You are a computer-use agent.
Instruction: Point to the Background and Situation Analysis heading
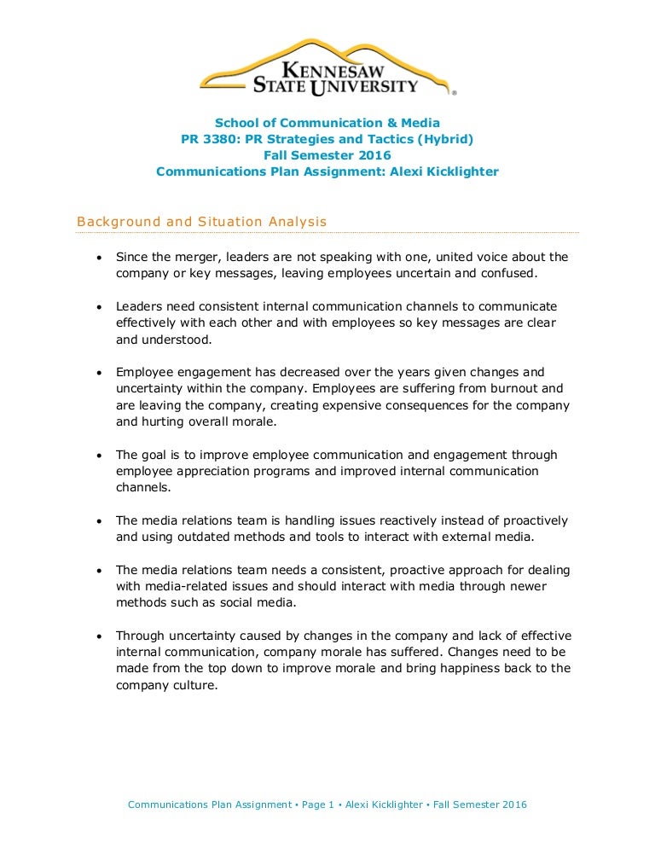tap(202, 222)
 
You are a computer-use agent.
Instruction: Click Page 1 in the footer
tap(314, 804)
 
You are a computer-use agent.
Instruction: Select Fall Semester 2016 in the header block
tap(327, 155)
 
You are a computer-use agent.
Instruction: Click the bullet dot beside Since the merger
tap(100, 258)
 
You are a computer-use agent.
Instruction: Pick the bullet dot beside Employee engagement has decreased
tap(100, 373)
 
